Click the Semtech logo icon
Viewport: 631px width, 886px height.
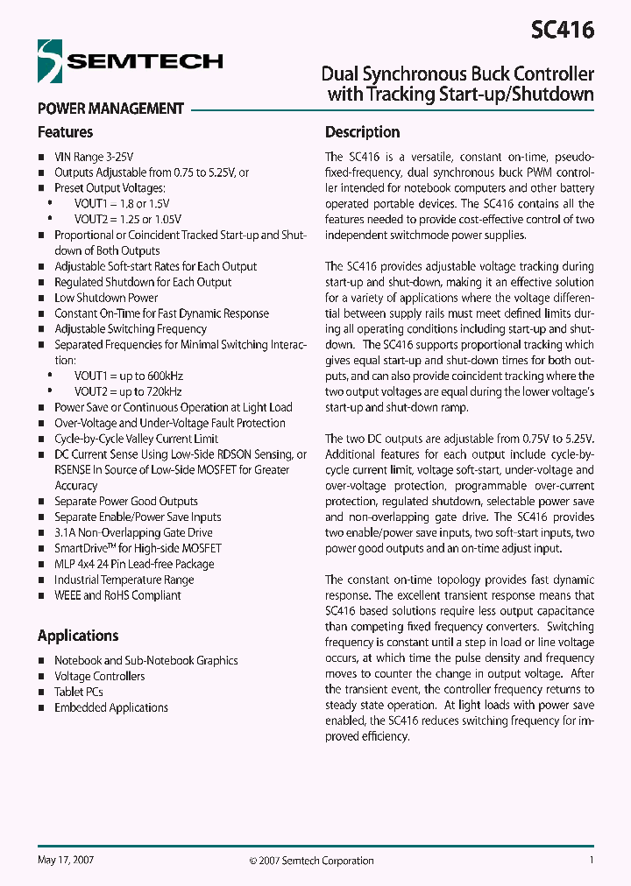coord(52,61)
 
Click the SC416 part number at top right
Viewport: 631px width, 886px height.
coord(562,30)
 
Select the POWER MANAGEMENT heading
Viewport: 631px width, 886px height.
coord(110,109)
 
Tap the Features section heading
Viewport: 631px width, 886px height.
coord(65,132)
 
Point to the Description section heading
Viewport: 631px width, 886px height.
coord(362,132)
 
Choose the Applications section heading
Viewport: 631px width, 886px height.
coord(78,636)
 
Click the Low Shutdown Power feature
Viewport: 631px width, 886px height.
coord(106,298)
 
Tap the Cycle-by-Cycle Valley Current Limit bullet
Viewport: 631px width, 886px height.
coord(136,439)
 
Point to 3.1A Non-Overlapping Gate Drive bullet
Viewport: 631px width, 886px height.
coord(133,532)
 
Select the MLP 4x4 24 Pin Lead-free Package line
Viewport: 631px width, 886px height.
coord(134,564)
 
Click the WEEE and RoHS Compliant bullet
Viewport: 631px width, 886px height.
coord(117,595)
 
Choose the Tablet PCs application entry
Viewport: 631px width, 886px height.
coord(79,692)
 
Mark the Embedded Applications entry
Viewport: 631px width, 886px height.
coord(111,707)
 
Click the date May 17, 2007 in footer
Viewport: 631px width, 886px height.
coord(66,860)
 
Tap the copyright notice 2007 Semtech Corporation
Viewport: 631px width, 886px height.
coord(311,861)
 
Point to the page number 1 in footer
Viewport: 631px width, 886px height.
coord(592,860)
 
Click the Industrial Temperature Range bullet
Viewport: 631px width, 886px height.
coord(124,580)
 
